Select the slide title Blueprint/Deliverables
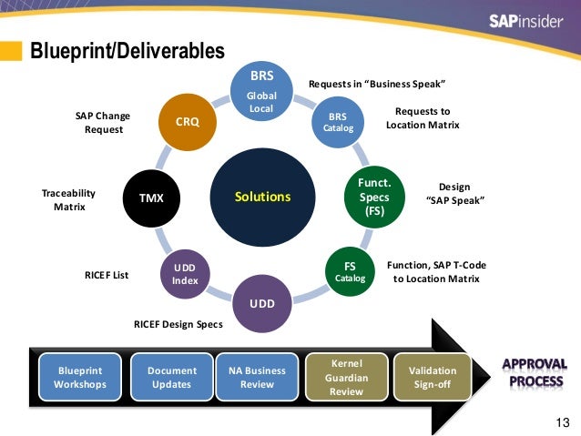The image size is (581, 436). tap(127, 51)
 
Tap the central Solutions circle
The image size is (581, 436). tap(262, 197)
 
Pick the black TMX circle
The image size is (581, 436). tap(151, 197)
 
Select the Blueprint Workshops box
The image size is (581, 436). tap(80, 377)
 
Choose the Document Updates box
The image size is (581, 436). tap(171, 377)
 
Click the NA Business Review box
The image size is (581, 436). tap(257, 377)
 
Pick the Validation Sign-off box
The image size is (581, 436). tap(433, 377)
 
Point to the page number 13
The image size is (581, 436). tap(561, 421)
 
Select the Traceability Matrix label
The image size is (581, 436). tap(68, 200)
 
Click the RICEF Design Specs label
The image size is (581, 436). tap(178, 324)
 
